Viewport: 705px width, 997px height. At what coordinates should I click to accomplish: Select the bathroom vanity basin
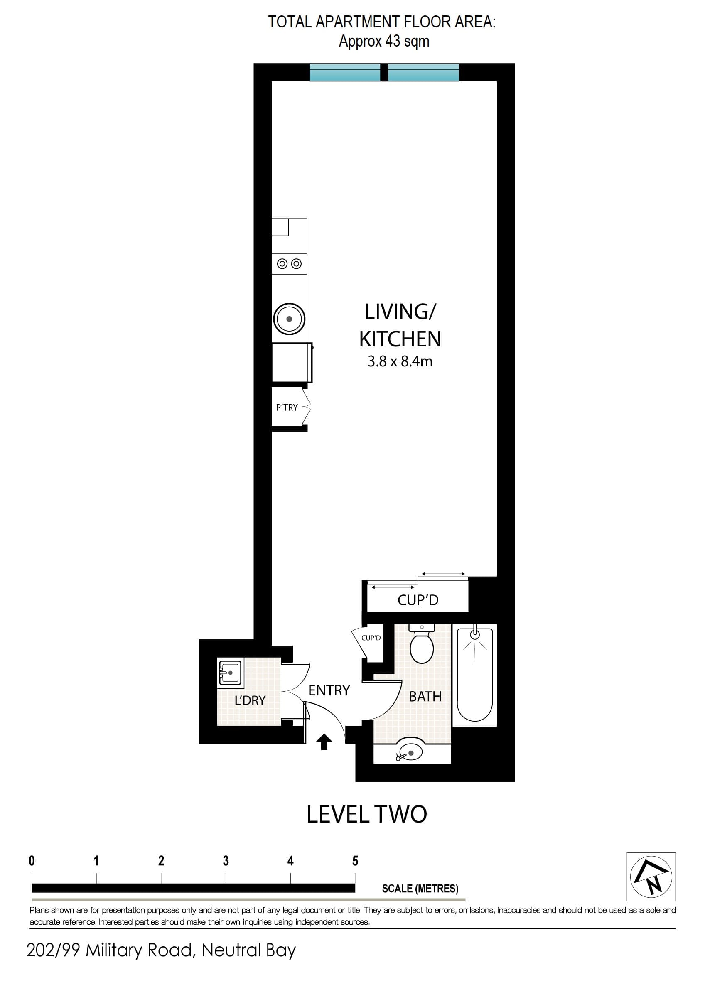410,750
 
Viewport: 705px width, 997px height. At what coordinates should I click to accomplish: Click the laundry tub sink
230,673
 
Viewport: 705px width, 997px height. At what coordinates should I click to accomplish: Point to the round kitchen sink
289,319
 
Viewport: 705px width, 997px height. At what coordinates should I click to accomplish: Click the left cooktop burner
282,263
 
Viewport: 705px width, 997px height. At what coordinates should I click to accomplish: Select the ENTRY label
329,690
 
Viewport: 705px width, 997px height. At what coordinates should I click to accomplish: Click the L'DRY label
250,700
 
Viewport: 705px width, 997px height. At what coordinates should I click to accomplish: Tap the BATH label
425,697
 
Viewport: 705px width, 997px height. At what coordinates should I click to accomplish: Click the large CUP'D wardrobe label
418,600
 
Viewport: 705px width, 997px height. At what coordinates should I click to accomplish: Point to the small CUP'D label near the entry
371,638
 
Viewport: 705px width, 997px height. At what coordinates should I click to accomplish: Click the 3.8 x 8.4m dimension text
400,361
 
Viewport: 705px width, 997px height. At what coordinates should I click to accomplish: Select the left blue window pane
345,73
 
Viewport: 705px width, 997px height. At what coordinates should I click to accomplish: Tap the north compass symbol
651,877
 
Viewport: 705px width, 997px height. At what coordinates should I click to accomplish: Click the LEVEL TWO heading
366,814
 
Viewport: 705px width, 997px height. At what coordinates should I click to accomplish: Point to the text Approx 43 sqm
384,42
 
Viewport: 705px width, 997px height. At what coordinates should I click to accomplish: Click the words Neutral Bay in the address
248,950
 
